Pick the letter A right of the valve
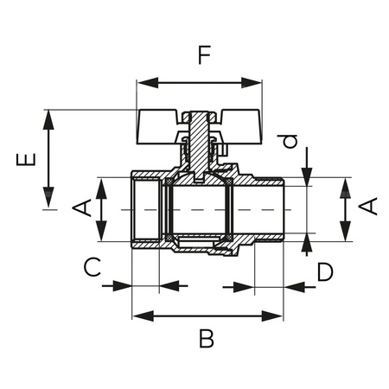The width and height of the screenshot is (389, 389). pos(368,207)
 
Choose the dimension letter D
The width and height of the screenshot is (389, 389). pos(324,272)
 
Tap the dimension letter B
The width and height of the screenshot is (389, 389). pos(206,338)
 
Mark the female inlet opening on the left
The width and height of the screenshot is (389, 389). pos(145,209)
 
